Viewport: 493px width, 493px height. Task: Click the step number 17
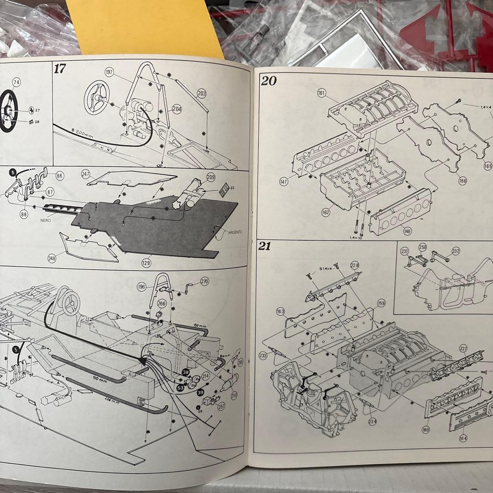click(x=60, y=69)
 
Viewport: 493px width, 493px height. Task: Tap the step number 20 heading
click(x=269, y=81)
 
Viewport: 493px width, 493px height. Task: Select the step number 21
click(x=265, y=246)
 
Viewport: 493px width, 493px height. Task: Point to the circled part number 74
click(x=16, y=82)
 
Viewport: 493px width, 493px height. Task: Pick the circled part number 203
click(x=202, y=94)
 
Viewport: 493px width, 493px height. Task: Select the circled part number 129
click(x=146, y=263)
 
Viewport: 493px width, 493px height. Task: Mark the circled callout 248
click(x=52, y=258)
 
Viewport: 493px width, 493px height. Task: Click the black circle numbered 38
click(x=185, y=372)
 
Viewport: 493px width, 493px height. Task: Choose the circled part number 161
click(x=321, y=94)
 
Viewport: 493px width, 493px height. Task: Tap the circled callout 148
click(x=407, y=231)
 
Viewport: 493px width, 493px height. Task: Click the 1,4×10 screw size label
click(x=356, y=238)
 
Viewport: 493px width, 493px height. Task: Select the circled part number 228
click(x=355, y=265)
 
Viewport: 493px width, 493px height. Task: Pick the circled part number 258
click(x=423, y=247)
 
